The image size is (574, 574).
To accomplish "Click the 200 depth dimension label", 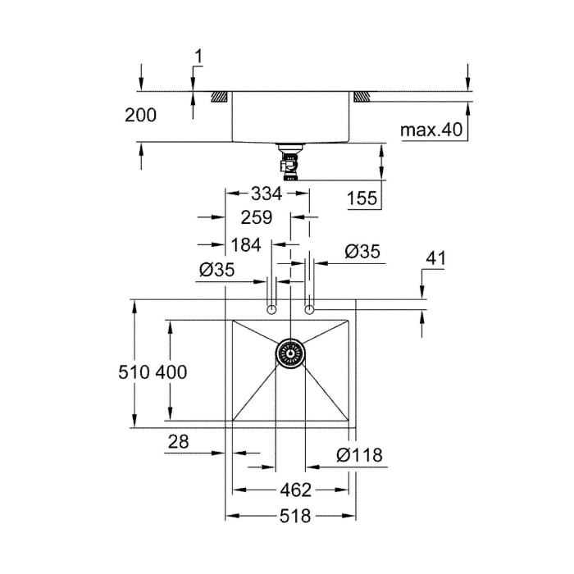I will [140, 116].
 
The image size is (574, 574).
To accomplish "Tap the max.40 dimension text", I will [431, 130].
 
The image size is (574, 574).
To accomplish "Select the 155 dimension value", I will [362, 198].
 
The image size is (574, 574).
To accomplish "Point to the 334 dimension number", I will [267, 194].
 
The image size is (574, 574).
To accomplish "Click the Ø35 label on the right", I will [362, 253].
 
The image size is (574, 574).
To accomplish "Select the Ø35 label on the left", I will [217, 270].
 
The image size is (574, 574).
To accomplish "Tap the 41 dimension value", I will [435, 259].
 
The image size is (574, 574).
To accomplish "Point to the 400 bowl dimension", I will [171, 372].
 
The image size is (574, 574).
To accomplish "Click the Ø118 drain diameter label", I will [358, 455].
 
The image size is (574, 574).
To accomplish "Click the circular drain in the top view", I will [289, 353].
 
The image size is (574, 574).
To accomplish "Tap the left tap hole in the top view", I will [271, 309].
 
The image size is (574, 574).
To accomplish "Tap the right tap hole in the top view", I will [309, 309].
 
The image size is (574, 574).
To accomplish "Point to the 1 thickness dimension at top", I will [198, 57].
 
